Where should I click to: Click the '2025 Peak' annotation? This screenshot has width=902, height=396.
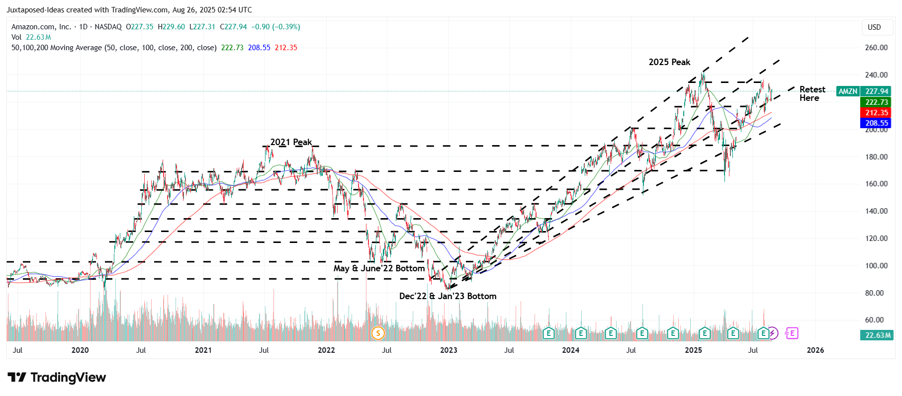point(669,62)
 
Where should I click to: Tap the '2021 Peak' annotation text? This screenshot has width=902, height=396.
point(291,142)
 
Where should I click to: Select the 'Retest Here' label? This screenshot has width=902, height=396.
point(812,93)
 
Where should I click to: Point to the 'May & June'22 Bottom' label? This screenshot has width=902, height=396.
point(379,268)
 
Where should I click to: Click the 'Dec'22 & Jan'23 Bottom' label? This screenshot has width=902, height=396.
point(448,296)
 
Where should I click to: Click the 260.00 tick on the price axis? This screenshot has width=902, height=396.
point(876,48)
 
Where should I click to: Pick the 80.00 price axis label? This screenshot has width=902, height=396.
point(874,293)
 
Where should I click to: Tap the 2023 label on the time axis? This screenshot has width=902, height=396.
point(449,350)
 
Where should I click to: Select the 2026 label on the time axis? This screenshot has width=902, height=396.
point(815,350)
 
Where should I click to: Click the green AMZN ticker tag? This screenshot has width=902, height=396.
point(848,91)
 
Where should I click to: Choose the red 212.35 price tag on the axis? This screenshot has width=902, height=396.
point(876,113)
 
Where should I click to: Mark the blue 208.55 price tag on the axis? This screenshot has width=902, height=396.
point(876,123)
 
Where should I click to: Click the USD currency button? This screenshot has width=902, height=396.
point(874,27)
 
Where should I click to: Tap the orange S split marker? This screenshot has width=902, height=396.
point(378,333)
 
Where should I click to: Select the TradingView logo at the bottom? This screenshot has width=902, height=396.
point(57,378)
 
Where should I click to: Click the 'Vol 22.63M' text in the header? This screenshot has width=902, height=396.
point(31,37)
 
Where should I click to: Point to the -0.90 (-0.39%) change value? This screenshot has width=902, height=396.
point(275,27)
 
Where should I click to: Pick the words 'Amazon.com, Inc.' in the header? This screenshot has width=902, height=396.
point(41,27)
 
